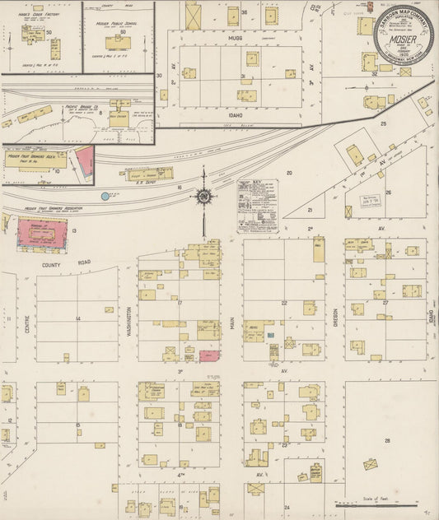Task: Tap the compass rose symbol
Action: pyautogui.click(x=203, y=196)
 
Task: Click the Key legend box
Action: pyautogui.click(x=257, y=206)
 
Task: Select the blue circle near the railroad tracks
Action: pyautogui.click(x=105, y=196)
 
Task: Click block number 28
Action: pyautogui.click(x=386, y=441)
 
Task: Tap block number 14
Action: pyautogui.click(x=77, y=318)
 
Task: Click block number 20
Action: pyautogui.click(x=289, y=173)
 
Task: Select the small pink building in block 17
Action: pyautogui.click(x=209, y=355)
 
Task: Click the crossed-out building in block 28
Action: pyautogui.click(x=371, y=464)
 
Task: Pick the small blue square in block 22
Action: pyautogui.click(x=273, y=349)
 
